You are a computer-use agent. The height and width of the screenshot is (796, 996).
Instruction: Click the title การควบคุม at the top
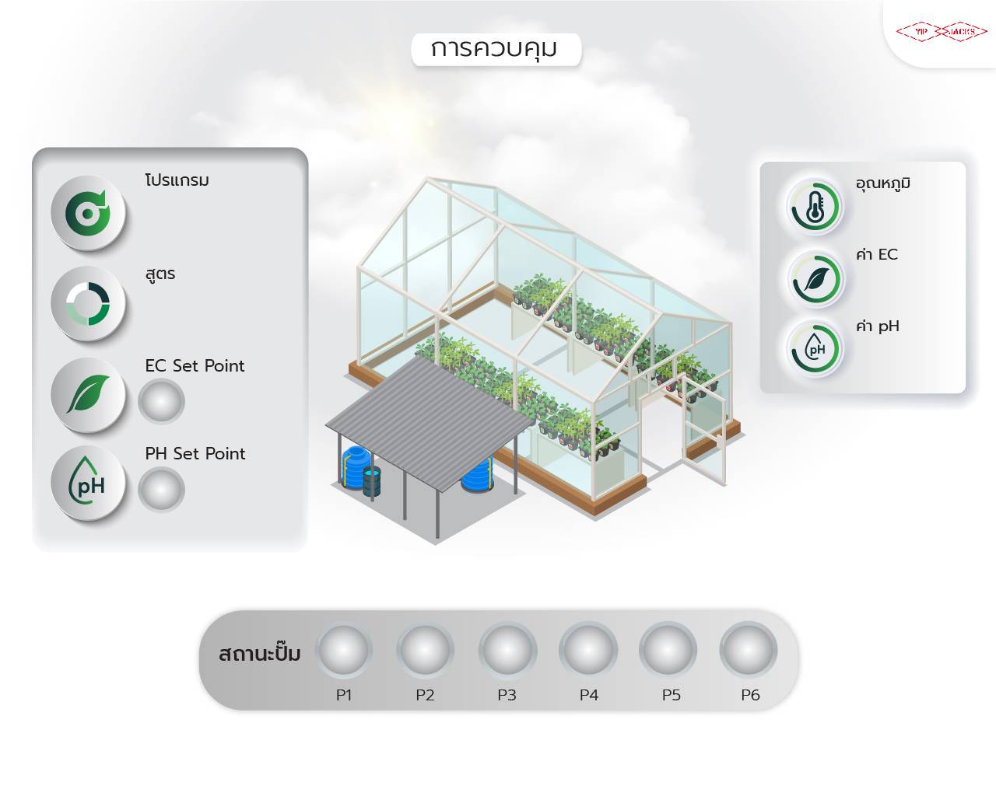pyautogui.click(x=495, y=49)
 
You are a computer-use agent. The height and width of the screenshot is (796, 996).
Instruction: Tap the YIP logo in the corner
pyautogui.click(x=942, y=32)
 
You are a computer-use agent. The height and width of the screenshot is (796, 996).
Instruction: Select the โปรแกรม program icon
pyautogui.click(x=88, y=212)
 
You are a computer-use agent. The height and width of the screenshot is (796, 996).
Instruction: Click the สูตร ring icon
pyautogui.click(x=88, y=303)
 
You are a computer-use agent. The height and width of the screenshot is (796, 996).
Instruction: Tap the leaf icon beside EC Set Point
pyautogui.click(x=88, y=394)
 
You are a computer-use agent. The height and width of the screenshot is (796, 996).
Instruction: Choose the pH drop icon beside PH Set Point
pyautogui.click(x=88, y=483)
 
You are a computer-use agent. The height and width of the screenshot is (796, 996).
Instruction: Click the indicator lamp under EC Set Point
pyautogui.click(x=161, y=402)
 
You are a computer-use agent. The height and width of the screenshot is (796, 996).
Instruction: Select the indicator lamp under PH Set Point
pyautogui.click(x=161, y=490)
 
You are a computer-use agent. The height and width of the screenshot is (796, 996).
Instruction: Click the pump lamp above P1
pyautogui.click(x=344, y=650)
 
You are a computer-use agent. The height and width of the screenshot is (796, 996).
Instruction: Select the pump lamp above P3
pyautogui.click(x=507, y=650)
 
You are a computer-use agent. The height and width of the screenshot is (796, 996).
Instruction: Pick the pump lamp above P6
pyautogui.click(x=749, y=650)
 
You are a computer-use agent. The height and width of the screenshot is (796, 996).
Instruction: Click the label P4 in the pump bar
pyautogui.click(x=588, y=695)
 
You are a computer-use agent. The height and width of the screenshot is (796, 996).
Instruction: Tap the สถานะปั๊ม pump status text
pyautogui.click(x=259, y=653)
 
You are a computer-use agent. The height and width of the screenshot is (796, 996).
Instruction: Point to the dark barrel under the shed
pyautogui.click(x=372, y=482)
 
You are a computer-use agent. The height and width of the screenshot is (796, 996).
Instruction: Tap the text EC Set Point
pyautogui.click(x=195, y=366)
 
